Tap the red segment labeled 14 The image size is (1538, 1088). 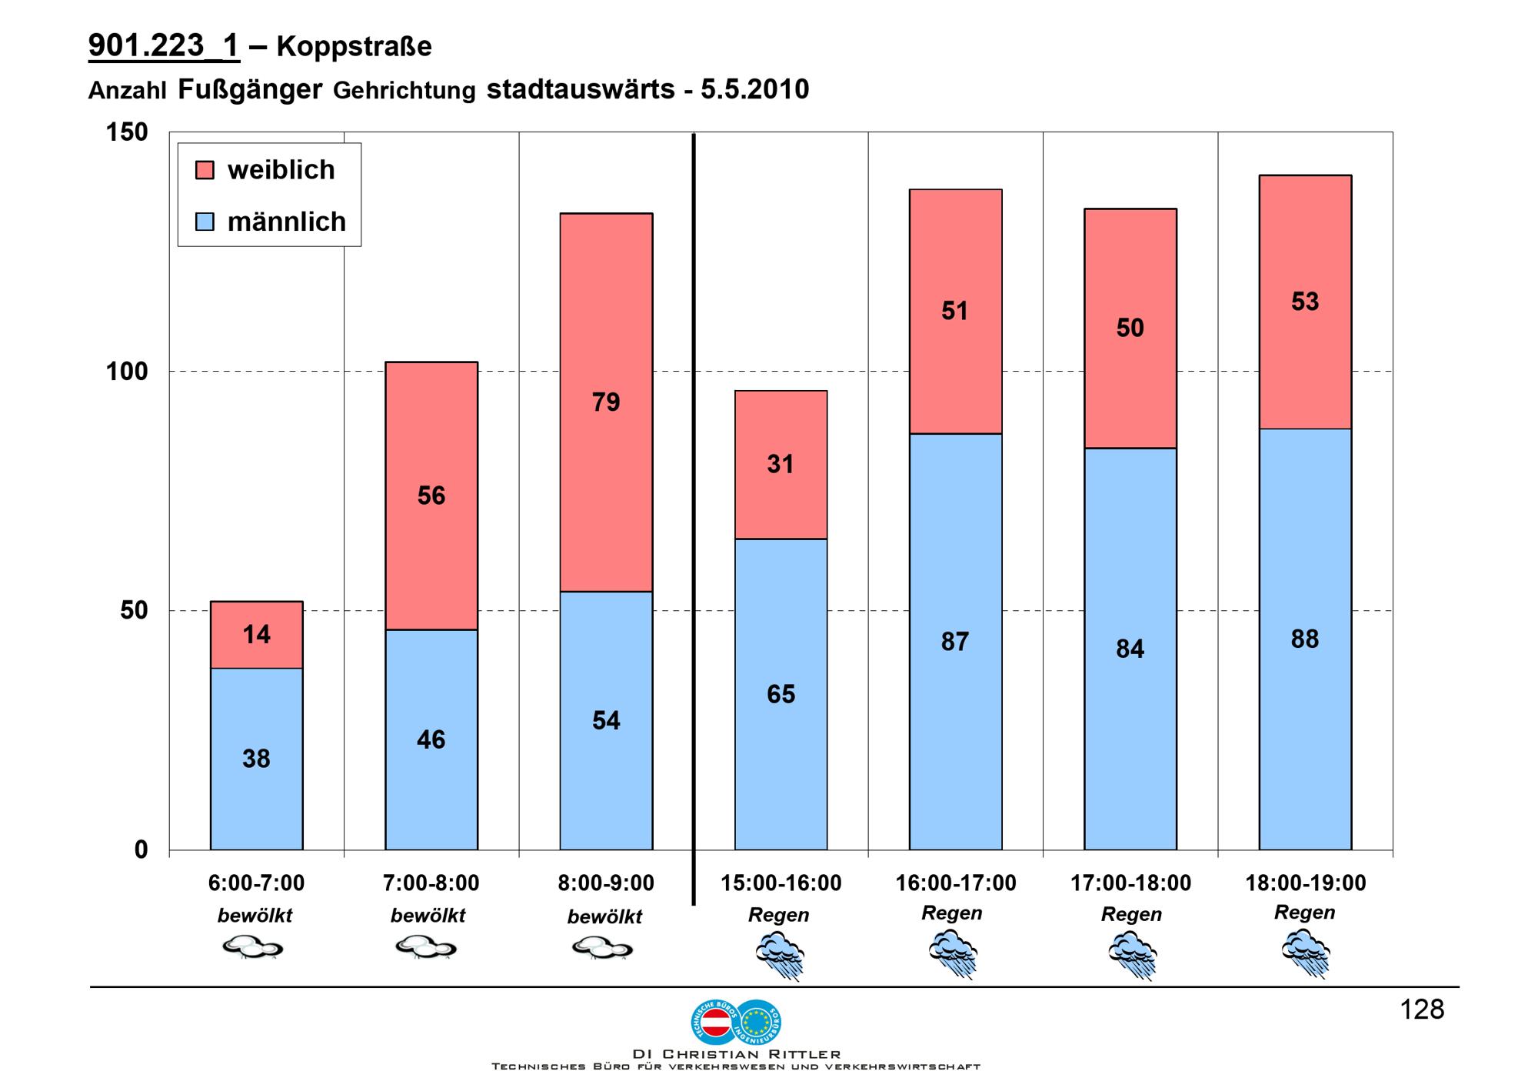(256, 634)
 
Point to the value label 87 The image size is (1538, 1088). (955, 642)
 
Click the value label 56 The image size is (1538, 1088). (431, 496)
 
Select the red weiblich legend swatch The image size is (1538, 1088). (205, 170)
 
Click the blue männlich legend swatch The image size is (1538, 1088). (205, 222)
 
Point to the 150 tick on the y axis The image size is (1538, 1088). (127, 132)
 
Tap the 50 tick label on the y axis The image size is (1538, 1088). (134, 611)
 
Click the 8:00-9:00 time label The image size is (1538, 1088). (606, 883)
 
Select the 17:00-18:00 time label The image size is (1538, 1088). (1130, 883)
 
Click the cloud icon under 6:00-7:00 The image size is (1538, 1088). (252, 946)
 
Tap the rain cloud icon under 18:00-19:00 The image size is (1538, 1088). (1306, 953)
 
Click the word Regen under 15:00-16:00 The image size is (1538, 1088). (778, 915)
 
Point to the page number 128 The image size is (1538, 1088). (1422, 1010)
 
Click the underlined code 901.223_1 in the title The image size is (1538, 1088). (164, 46)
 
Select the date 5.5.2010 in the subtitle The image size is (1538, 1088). (754, 89)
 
